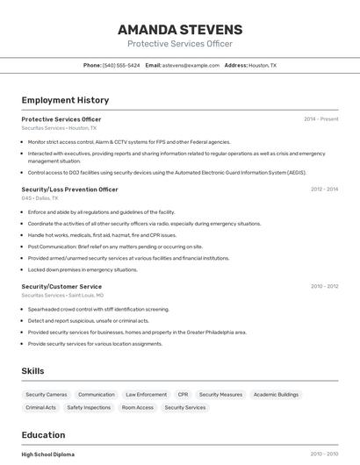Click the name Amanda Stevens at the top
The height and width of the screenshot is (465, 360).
(179, 30)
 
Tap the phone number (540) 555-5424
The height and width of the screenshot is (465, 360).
(121, 65)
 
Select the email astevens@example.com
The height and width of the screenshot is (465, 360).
(191, 65)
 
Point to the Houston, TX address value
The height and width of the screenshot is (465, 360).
(262, 65)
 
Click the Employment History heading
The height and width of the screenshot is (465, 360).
(65, 100)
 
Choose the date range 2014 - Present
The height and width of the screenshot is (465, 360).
(320, 119)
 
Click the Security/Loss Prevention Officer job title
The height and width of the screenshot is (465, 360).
(69, 190)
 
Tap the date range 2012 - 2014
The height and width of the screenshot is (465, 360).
(324, 190)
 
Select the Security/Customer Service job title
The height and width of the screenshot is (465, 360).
(61, 286)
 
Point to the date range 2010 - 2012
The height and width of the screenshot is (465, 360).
(324, 286)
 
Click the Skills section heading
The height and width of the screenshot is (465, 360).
(32, 371)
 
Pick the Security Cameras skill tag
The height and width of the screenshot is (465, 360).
(47, 395)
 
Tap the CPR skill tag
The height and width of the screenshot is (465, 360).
(183, 395)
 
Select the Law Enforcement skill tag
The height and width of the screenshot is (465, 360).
(146, 395)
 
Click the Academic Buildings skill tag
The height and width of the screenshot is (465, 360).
(276, 395)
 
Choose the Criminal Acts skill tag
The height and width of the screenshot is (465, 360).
(40, 407)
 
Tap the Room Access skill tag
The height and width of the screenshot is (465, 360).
(137, 407)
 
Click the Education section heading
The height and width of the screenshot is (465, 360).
(43, 435)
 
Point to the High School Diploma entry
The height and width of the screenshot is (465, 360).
(47, 454)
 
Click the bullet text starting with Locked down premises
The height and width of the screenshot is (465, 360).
(83, 269)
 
